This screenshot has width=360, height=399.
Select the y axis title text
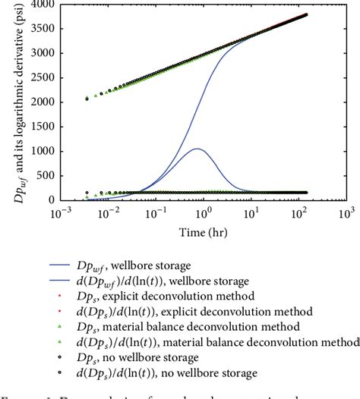pos(10,102)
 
